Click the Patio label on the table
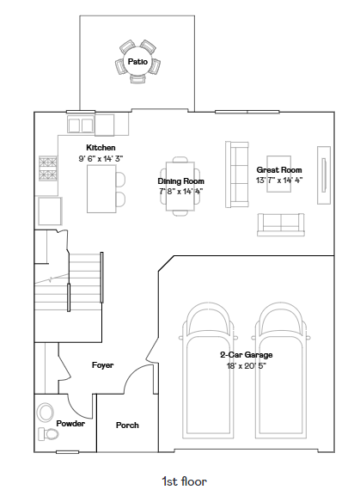pyautogui.click(x=137, y=62)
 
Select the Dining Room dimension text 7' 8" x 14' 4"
pyautogui.click(x=180, y=192)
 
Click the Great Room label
pyautogui.click(x=279, y=170)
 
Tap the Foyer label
pyautogui.click(x=102, y=365)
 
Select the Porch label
pyautogui.click(x=127, y=425)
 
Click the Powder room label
pyautogui.click(x=70, y=424)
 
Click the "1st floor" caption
pyautogui.click(x=184, y=481)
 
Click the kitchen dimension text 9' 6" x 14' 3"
pyautogui.click(x=101, y=158)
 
